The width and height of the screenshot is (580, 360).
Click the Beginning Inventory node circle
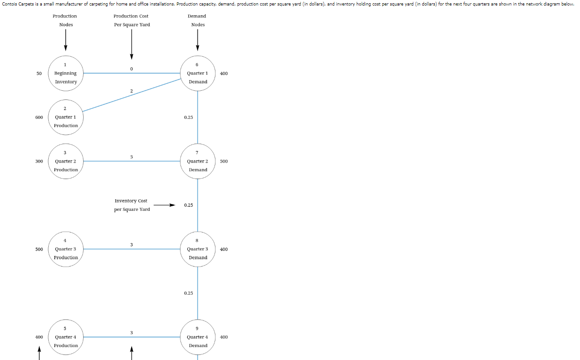pyautogui.click(x=66, y=73)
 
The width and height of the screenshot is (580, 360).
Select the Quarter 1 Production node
pyautogui.click(x=66, y=117)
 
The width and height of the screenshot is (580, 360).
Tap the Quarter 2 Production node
pyautogui.click(x=66, y=161)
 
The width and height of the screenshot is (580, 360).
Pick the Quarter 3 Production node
pyautogui.click(x=66, y=249)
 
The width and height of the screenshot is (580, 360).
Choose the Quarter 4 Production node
pyautogui.click(x=66, y=337)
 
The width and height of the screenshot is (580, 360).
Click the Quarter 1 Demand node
pyautogui.click(x=197, y=73)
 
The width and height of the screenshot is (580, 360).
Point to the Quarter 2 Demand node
pyautogui.click(x=197, y=161)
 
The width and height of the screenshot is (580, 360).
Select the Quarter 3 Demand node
pyautogui.click(x=197, y=249)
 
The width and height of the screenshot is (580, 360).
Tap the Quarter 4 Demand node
pyautogui.click(x=197, y=337)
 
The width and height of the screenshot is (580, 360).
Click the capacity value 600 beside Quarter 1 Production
pyautogui.click(x=39, y=117)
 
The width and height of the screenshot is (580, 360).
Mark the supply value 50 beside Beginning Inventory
pyautogui.click(x=39, y=73)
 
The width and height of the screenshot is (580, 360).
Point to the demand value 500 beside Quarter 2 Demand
pyautogui.click(x=224, y=161)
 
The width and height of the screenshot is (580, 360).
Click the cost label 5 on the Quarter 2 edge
pyautogui.click(x=132, y=157)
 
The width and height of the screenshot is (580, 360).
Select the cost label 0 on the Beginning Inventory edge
pyautogui.click(x=132, y=69)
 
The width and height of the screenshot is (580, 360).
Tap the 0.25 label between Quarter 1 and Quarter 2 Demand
pyautogui.click(x=188, y=117)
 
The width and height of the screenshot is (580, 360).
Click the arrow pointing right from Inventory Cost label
pyautogui.click(x=164, y=205)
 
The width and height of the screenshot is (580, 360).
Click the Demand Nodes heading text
pyautogui.click(x=198, y=20)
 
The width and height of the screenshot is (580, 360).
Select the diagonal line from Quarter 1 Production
pyautogui.click(x=131, y=95)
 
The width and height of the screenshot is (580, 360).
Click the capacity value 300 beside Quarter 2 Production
pyautogui.click(x=39, y=161)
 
